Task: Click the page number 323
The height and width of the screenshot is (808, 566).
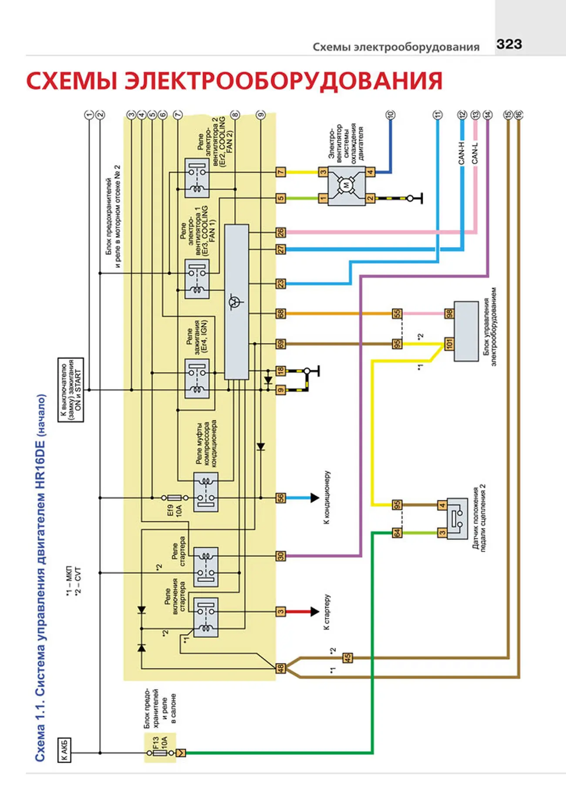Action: click(509, 44)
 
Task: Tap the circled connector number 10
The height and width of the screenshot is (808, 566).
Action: click(390, 115)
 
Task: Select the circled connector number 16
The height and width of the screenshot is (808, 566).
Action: click(518, 115)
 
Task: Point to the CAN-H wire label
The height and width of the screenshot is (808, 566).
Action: click(462, 153)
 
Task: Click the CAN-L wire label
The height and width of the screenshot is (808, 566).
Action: click(475, 153)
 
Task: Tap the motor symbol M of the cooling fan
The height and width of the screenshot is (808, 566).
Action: click(347, 185)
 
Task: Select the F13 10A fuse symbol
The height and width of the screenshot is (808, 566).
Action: click(160, 753)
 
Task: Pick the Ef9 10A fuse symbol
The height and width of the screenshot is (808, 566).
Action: click(174, 497)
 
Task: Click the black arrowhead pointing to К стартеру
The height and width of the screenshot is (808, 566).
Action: click(314, 612)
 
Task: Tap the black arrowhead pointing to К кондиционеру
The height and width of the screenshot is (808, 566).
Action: click(314, 498)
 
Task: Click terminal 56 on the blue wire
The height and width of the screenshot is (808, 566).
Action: click(281, 498)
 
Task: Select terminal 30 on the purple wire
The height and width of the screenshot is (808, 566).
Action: click(281, 556)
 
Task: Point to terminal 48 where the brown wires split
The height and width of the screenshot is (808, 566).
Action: click(281, 668)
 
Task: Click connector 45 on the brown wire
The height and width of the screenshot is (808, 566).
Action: click(347, 658)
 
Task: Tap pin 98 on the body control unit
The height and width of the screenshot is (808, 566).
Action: click(449, 313)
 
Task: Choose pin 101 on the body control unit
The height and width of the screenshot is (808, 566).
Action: click(449, 344)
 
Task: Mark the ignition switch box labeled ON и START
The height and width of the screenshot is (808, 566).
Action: click(71, 390)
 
